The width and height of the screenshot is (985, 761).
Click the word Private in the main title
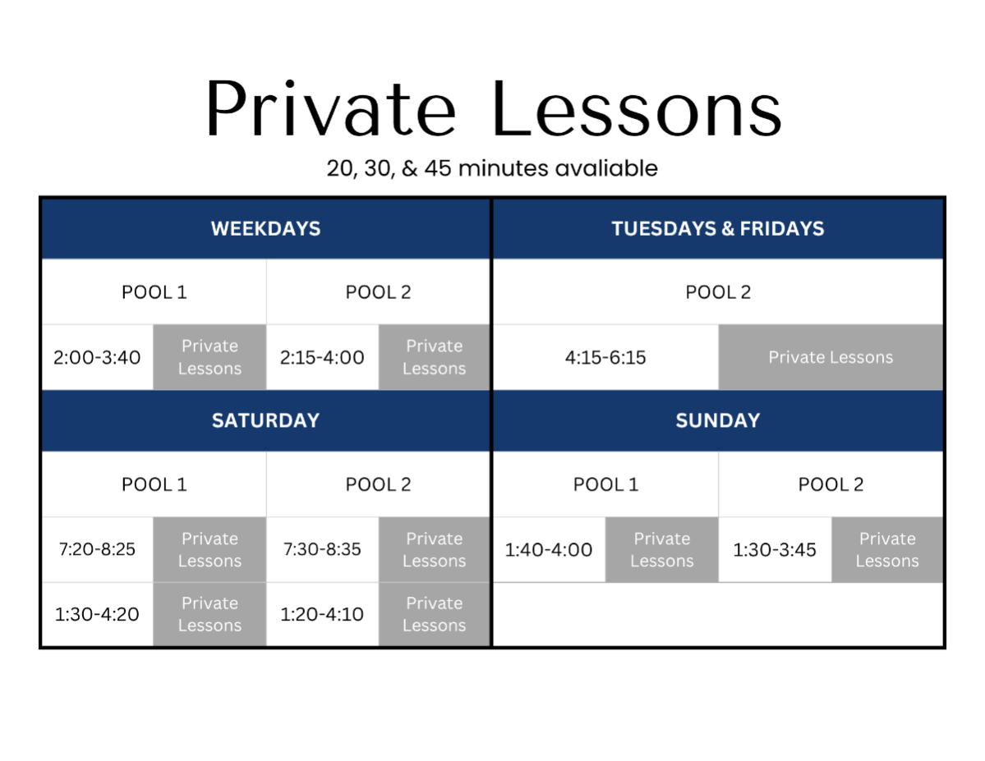pyautogui.click(x=330, y=108)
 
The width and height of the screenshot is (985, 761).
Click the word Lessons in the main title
pyautogui.click(x=637, y=108)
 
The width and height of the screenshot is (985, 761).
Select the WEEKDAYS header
pyautogui.click(x=265, y=228)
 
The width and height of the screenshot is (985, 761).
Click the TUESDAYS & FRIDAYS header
pyautogui.click(x=717, y=228)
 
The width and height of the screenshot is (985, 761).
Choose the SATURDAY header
pyautogui.click(x=265, y=420)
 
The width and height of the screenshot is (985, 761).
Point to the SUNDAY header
pyautogui.click(x=717, y=420)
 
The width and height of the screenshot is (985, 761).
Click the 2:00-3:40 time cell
pyautogui.click(x=97, y=357)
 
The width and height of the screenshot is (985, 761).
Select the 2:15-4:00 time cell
pyautogui.click(x=322, y=357)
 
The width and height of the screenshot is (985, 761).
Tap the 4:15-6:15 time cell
pyautogui.click(x=605, y=357)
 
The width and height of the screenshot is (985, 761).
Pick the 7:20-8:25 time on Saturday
pyautogui.click(x=97, y=549)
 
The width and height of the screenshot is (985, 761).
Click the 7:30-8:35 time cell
pyautogui.click(x=322, y=549)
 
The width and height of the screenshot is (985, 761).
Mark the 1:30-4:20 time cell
pyautogui.click(x=97, y=614)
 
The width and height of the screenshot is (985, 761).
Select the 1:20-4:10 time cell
pyautogui.click(x=322, y=614)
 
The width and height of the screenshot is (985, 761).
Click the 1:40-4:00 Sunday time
pyautogui.click(x=549, y=550)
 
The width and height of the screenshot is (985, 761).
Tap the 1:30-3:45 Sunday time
pyautogui.click(x=775, y=550)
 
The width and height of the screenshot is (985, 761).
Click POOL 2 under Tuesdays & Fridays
pyautogui.click(x=717, y=292)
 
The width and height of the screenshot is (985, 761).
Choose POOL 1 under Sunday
pyautogui.click(x=605, y=484)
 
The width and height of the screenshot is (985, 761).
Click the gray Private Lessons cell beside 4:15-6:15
pyautogui.click(x=831, y=357)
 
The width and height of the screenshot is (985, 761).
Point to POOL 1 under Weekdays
pyautogui.click(x=154, y=292)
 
